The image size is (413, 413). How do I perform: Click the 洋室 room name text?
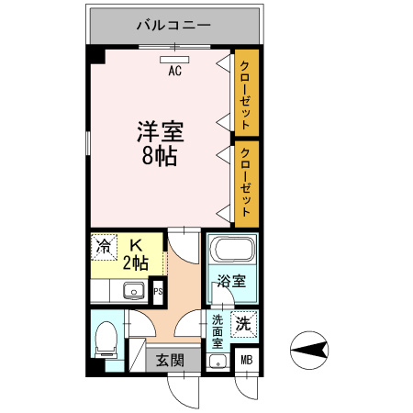(160, 131)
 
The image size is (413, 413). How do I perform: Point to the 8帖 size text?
(160, 155)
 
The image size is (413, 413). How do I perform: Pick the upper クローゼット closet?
(246, 91)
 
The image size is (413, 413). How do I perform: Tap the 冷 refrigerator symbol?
(106, 246)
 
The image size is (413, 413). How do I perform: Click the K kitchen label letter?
(136, 245)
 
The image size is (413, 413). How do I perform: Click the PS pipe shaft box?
(158, 293)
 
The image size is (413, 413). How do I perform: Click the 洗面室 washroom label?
(218, 331)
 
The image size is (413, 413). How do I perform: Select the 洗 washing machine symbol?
(243, 323)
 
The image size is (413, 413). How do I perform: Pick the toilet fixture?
(106, 340)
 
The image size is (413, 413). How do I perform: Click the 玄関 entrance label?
(167, 361)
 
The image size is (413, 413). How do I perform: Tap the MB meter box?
(245, 361)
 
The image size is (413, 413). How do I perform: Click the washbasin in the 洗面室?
(218, 361)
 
